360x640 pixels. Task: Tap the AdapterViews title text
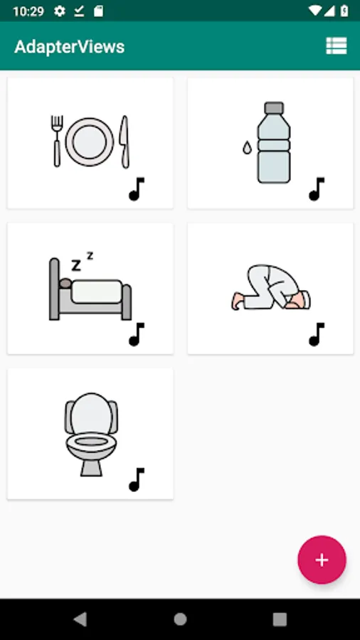(70, 47)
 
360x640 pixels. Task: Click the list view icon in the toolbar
(337, 46)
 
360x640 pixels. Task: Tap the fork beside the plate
(57, 141)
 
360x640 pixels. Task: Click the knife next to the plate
(125, 142)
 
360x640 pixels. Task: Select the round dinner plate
(90, 142)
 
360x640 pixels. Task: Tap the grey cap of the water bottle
(274, 108)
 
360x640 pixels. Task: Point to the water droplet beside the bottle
(247, 148)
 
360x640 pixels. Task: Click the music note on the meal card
(137, 189)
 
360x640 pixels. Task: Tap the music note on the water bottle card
(317, 189)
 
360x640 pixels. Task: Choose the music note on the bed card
(137, 334)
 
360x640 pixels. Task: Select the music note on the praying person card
(317, 334)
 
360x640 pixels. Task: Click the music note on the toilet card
(137, 479)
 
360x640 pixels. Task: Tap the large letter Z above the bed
(76, 265)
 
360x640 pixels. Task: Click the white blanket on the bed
(97, 292)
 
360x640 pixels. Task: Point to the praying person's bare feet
(237, 301)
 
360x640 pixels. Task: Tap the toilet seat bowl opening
(91, 441)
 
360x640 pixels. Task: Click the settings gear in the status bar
(60, 11)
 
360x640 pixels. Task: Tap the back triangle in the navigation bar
(80, 619)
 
